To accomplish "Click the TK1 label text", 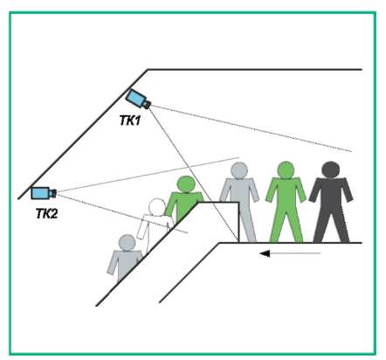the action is (x=130, y=121).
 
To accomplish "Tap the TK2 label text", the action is (x=46, y=214).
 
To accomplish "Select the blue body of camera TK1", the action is (x=135, y=98).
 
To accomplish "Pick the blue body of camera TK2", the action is (x=40, y=193).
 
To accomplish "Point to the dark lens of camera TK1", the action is (x=147, y=104).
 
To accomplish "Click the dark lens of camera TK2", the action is (x=52, y=193).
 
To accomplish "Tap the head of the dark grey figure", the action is (x=331, y=170).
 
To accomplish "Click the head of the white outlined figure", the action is (x=157, y=207).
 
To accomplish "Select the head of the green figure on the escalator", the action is (x=186, y=184).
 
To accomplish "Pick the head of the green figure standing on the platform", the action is (x=286, y=170).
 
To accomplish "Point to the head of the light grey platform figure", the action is (x=238, y=170).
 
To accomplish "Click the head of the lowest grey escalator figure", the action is (x=128, y=243).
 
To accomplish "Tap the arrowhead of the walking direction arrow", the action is (x=265, y=253).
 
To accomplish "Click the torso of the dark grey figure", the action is (x=331, y=195).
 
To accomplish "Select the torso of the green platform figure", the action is (x=286, y=195).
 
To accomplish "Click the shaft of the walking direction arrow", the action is (x=295, y=253).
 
